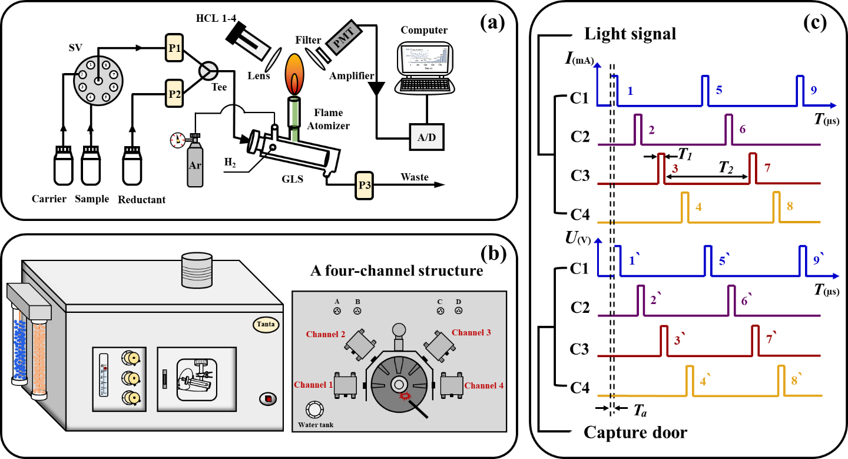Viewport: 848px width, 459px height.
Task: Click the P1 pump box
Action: [x=174, y=48]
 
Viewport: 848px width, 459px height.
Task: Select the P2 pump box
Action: [x=174, y=93]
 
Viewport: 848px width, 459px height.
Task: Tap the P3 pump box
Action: [x=365, y=185]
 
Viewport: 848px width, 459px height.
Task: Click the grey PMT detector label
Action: [x=344, y=38]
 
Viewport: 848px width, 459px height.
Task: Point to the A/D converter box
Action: [x=426, y=137]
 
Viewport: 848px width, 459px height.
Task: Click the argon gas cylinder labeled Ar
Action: [x=195, y=164]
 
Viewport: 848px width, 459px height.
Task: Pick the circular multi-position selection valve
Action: [x=98, y=81]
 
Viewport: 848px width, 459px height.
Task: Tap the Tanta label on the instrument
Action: [x=266, y=324]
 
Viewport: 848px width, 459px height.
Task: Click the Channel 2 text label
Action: [x=326, y=334]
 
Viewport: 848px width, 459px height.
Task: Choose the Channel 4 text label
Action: [x=483, y=385]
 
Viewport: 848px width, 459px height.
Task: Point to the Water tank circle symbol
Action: [x=314, y=410]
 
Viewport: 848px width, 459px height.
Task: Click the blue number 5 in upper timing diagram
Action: [x=719, y=90]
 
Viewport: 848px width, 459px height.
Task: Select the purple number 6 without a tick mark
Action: [x=743, y=129]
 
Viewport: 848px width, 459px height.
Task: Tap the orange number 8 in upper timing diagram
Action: [x=790, y=206]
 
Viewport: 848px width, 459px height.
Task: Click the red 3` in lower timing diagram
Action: [x=678, y=340]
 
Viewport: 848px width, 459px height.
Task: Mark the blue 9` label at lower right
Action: [x=817, y=260]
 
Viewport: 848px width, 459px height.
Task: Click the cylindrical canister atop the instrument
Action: [x=197, y=271]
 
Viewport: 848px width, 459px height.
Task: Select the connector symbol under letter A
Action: [x=337, y=311]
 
